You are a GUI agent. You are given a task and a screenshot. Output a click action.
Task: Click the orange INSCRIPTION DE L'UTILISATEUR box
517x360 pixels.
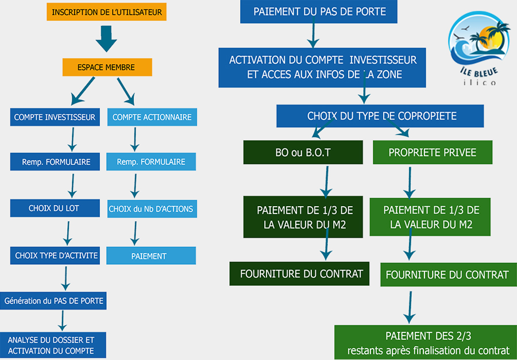(106, 12)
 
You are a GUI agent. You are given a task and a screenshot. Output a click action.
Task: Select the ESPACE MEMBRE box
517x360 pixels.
(107, 67)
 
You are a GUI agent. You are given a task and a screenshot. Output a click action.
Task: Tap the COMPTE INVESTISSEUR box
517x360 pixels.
(55, 117)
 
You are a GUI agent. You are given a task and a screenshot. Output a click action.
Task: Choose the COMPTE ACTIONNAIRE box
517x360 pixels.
(152, 117)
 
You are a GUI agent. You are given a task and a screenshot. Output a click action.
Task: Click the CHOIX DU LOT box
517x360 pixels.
(55, 208)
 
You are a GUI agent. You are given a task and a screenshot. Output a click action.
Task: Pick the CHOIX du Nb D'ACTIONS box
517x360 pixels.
(152, 208)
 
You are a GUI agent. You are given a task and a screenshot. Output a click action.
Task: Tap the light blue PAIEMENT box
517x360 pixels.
(151, 256)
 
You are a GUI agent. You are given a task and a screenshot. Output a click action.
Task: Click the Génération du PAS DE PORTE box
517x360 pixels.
(53, 301)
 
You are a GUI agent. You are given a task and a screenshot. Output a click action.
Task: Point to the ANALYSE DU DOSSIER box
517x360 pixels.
(53, 345)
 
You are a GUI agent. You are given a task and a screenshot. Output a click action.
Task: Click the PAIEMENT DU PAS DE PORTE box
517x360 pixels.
(318, 11)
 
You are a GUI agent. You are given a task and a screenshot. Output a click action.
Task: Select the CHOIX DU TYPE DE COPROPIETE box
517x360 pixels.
(380, 116)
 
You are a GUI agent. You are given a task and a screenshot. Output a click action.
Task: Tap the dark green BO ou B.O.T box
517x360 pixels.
(303, 152)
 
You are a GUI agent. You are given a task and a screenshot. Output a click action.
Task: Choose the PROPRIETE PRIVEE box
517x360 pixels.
(433, 152)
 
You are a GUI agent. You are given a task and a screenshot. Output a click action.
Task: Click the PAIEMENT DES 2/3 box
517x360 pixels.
(426, 343)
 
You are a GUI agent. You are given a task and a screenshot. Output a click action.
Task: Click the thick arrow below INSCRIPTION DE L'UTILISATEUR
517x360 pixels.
(106, 38)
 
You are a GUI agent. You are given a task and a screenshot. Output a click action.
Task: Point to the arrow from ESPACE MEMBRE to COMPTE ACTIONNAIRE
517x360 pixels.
(126, 91)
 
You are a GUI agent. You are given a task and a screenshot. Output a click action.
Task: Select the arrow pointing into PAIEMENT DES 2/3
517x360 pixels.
(410, 307)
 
